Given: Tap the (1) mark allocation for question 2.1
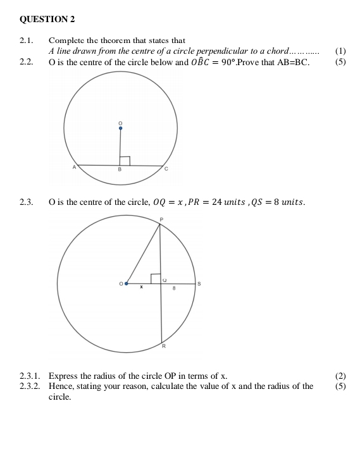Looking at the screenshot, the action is (x=341, y=51).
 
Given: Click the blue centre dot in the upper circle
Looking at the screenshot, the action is (x=120, y=128).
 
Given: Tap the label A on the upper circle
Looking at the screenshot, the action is (x=74, y=167).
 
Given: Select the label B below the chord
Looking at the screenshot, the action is (x=120, y=171).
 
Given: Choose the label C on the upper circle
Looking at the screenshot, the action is (x=166, y=169).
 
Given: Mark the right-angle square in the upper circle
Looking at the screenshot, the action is (x=125, y=161).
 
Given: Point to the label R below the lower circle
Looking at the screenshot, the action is (x=163, y=347).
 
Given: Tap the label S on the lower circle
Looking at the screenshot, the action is (x=199, y=285).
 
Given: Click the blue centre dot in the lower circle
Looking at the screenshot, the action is (x=127, y=284).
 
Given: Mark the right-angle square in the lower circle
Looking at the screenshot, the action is (x=155, y=279).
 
